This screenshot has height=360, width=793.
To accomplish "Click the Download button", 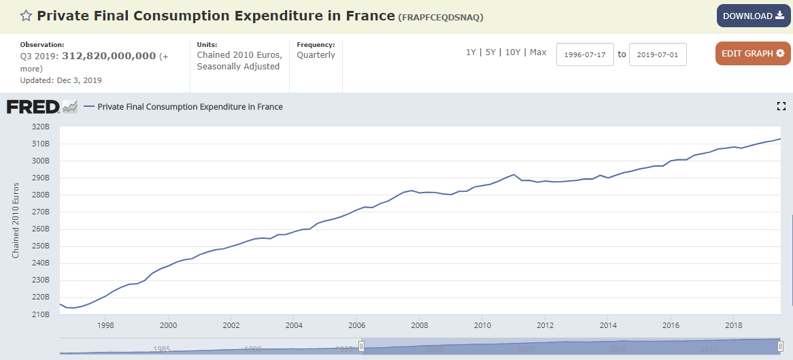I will (753, 16).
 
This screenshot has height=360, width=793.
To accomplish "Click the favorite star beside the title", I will (26, 16).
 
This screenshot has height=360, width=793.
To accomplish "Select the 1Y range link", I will (471, 52).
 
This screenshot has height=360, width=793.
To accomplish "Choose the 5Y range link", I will (490, 52).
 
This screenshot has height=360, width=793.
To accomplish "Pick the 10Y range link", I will (513, 52).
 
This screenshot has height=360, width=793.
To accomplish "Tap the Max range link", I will (538, 52).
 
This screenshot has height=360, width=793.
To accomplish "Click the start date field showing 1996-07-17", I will (585, 54).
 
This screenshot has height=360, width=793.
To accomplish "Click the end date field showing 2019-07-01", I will (658, 54).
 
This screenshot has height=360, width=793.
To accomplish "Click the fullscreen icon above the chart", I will (781, 106).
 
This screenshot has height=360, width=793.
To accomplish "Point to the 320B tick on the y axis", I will (41, 127).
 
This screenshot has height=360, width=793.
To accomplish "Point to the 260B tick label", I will (41, 229).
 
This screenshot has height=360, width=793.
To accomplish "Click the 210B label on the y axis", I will (41, 314).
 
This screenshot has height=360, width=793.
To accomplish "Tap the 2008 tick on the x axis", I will (420, 325).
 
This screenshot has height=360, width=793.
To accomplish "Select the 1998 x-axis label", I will (105, 325).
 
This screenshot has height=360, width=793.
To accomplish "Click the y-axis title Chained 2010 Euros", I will (16, 223).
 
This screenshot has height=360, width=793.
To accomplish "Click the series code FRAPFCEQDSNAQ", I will (441, 17).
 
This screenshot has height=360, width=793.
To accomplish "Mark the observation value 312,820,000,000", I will (109, 56).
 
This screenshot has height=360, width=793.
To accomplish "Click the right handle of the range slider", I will (780, 346).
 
